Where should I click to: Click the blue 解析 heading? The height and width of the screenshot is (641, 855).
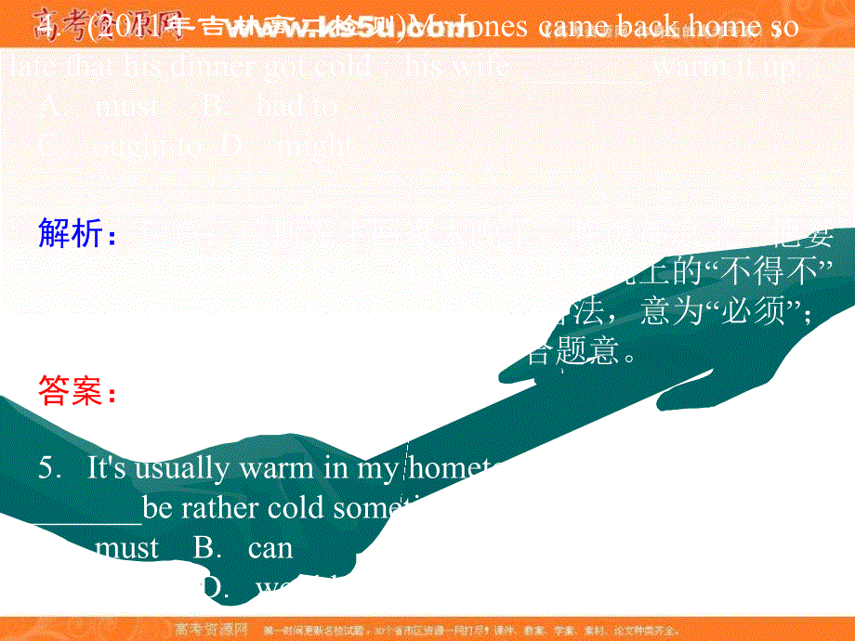pyautogui.click(x=77, y=235)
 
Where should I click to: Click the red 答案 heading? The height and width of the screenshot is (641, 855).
pyautogui.click(x=77, y=392)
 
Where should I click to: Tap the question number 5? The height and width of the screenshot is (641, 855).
pyautogui.click(x=48, y=468)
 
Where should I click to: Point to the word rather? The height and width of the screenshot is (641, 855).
pyautogui.click(x=218, y=508)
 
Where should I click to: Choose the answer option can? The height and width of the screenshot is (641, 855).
pyautogui.click(x=270, y=548)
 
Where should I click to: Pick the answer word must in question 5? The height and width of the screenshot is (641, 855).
pyautogui.click(x=127, y=548)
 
